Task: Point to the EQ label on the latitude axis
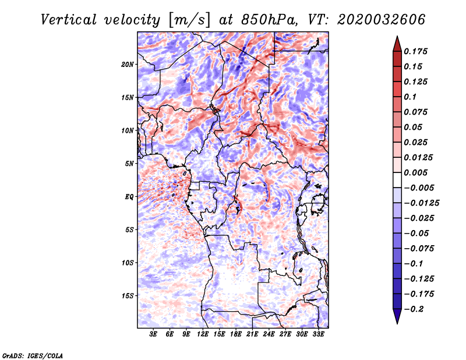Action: click(x=129, y=197)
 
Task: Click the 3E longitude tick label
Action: click(x=154, y=334)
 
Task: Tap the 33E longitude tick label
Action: click(x=318, y=334)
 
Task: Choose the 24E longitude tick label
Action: click(x=269, y=334)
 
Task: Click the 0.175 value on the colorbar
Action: click(x=417, y=51)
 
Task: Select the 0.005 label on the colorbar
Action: click(x=417, y=172)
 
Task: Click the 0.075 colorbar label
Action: click(x=417, y=112)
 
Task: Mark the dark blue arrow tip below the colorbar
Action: click(x=396, y=322)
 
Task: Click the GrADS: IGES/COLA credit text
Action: click(x=32, y=354)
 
